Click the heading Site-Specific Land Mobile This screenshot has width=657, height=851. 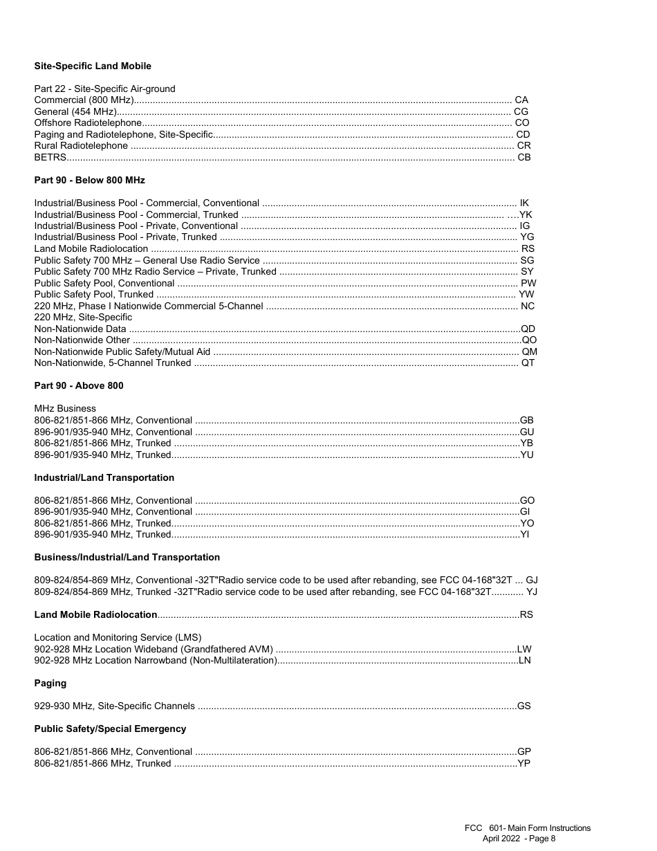(93, 66)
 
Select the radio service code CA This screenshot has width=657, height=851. (521, 100)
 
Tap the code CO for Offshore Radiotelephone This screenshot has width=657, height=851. (522, 123)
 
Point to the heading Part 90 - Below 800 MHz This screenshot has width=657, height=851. (90, 180)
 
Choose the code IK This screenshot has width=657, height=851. (524, 203)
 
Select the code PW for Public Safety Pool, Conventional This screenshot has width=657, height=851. (528, 283)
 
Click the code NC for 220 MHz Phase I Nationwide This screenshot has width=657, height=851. (528, 306)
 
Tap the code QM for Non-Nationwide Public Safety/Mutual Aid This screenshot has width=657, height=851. (529, 351)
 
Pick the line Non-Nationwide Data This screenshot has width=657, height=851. (80, 329)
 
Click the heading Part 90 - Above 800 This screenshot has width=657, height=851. (79, 385)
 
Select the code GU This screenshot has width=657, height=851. (526, 432)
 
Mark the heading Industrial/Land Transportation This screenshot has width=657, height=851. (104, 477)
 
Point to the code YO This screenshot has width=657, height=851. (527, 523)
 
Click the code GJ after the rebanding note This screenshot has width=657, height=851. (532, 580)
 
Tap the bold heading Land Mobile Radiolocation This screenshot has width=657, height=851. (95, 614)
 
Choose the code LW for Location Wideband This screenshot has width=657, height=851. (524, 649)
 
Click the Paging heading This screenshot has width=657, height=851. (50, 683)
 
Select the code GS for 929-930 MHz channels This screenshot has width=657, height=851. (524, 706)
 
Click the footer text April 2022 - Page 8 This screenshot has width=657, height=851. (519, 839)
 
